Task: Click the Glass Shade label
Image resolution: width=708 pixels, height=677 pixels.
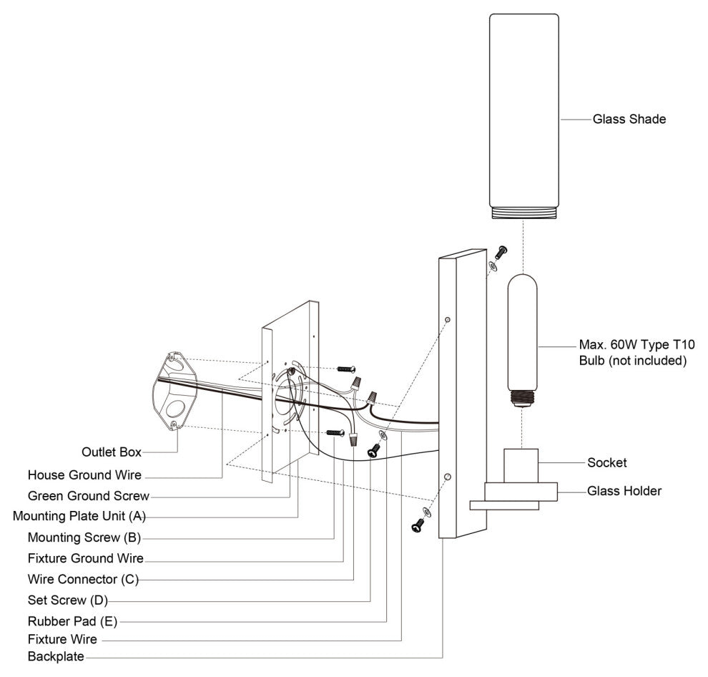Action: pyautogui.click(x=629, y=120)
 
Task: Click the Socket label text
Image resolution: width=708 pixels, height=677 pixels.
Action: pyautogui.click(x=606, y=463)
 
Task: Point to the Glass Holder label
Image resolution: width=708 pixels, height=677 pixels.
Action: pyautogui.click(x=624, y=491)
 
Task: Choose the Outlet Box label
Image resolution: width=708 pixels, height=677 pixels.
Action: pyautogui.click(x=111, y=452)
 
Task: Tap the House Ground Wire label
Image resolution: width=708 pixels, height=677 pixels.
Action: pyautogui.click(x=84, y=475)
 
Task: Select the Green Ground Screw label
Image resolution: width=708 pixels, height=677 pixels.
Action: pyautogui.click(x=88, y=496)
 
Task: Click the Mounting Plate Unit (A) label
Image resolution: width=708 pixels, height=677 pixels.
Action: pyautogui.click(x=79, y=516)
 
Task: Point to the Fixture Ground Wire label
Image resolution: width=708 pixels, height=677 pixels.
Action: pyautogui.click(x=85, y=558)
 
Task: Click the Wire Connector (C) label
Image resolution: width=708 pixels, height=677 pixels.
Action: pyautogui.click(x=82, y=578)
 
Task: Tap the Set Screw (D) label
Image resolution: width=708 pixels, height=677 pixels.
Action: pyautogui.click(x=67, y=599)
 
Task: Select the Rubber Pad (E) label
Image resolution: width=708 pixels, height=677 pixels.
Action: pyautogui.click(x=72, y=620)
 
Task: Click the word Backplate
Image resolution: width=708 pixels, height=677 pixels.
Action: pyautogui.click(x=56, y=656)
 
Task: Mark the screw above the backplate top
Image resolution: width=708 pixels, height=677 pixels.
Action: pyautogui.click(x=501, y=251)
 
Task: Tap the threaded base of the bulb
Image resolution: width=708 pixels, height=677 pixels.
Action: pyautogui.click(x=523, y=397)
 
